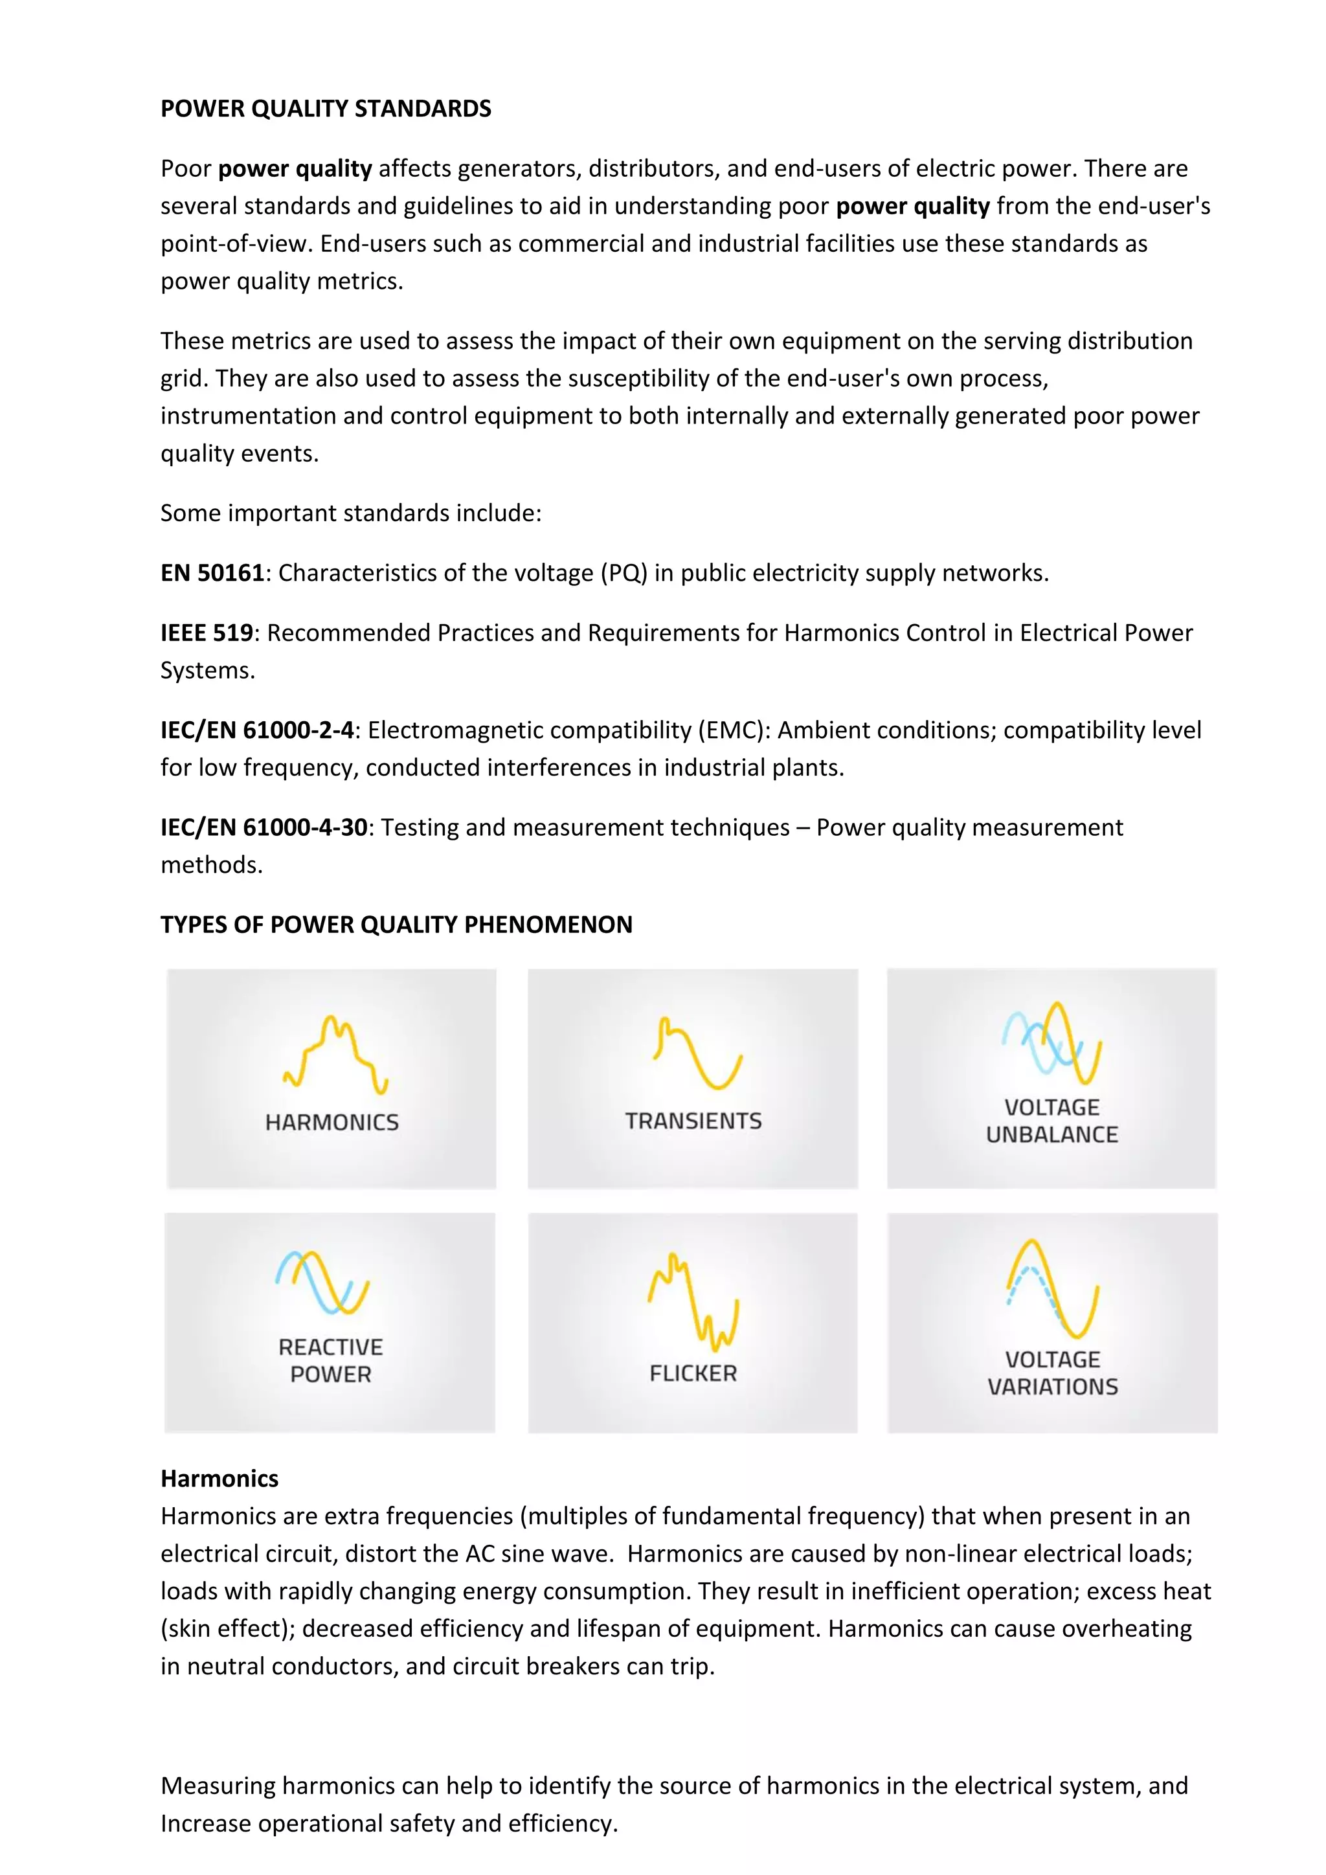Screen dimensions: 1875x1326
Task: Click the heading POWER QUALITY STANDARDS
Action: (x=325, y=109)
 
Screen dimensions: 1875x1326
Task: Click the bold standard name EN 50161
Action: (x=212, y=572)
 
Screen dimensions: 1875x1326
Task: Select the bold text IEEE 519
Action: (x=207, y=633)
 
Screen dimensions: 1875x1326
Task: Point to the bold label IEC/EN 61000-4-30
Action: (x=264, y=827)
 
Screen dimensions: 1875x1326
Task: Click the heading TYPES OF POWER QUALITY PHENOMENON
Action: (x=396, y=925)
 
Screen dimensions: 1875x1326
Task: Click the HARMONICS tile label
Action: (x=331, y=1122)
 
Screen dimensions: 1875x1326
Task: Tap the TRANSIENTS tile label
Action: (x=693, y=1121)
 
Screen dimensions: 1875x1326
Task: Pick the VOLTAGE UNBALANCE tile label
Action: (x=1051, y=1121)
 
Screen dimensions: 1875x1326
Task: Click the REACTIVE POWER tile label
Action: (x=331, y=1360)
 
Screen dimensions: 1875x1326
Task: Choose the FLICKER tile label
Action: (x=693, y=1374)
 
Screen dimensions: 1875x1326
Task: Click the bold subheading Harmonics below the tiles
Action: (x=219, y=1478)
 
